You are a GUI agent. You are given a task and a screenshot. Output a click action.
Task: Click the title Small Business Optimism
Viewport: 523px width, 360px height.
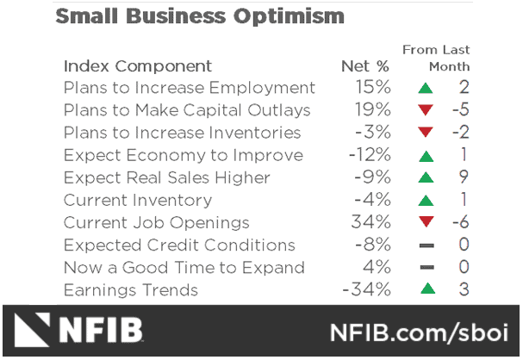(x=199, y=16)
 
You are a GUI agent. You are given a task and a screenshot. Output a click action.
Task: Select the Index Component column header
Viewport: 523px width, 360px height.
(x=137, y=66)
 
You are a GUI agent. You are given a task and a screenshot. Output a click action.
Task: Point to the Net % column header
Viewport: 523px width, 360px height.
(x=365, y=66)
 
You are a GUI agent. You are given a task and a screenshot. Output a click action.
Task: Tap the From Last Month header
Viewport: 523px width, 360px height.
(x=436, y=58)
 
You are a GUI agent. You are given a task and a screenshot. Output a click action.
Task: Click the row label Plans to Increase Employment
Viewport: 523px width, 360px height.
(x=189, y=88)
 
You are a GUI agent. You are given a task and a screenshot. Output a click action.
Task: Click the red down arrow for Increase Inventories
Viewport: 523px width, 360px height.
(x=424, y=133)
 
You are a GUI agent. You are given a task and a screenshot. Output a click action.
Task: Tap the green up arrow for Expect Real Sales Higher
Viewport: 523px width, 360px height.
(x=424, y=177)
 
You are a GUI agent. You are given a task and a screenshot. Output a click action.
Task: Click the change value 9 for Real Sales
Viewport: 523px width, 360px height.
(x=464, y=177)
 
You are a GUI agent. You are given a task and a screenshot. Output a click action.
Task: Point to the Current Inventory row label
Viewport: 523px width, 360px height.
(x=137, y=200)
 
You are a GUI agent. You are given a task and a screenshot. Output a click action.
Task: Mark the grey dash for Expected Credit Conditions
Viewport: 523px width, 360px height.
(x=425, y=245)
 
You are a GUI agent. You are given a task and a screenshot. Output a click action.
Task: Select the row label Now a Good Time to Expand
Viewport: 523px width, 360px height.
(x=184, y=267)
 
